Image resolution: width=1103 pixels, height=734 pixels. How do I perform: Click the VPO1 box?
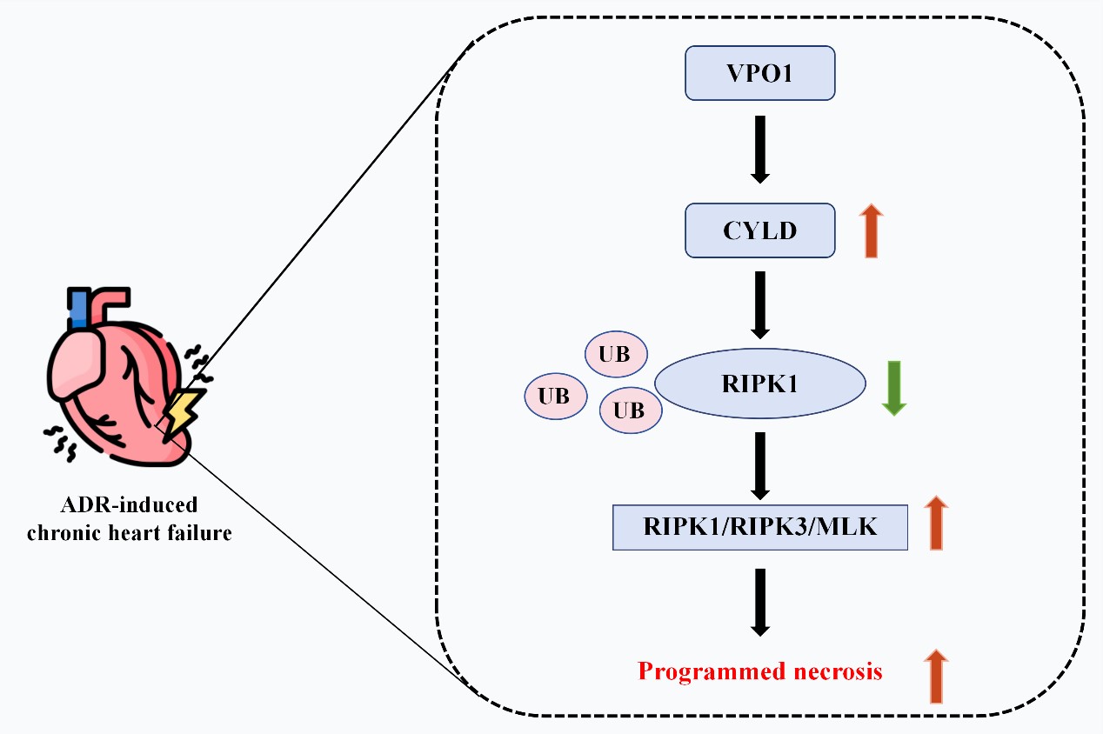pyautogui.click(x=760, y=73)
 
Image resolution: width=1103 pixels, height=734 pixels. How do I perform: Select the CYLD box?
pyautogui.click(x=760, y=230)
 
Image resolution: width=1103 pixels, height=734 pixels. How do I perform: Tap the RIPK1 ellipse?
pyautogui.click(x=759, y=384)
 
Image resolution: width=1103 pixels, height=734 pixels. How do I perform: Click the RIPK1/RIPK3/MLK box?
pyautogui.click(x=759, y=526)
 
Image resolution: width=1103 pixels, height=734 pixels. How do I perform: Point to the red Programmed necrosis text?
pyautogui.click(x=760, y=672)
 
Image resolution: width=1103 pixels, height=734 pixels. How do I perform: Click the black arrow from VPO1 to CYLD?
pyautogui.click(x=760, y=149)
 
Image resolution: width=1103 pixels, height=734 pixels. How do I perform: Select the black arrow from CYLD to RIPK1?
pyautogui.click(x=760, y=304)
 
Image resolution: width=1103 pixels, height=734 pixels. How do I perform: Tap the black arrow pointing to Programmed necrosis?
pyautogui.click(x=760, y=602)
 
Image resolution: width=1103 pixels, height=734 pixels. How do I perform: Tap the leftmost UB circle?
pyautogui.click(x=555, y=396)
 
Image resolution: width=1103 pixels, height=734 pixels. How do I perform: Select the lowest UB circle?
pyautogui.click(x=630, y=409)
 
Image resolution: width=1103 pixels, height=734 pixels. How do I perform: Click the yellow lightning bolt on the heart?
pyautogui.click(x=184, y=411)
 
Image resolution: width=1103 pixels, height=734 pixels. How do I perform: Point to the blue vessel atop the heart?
pyautogui.click(x=78, y=309)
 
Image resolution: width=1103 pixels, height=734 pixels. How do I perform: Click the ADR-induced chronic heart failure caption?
pyautogui.click(x=130, y=519)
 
